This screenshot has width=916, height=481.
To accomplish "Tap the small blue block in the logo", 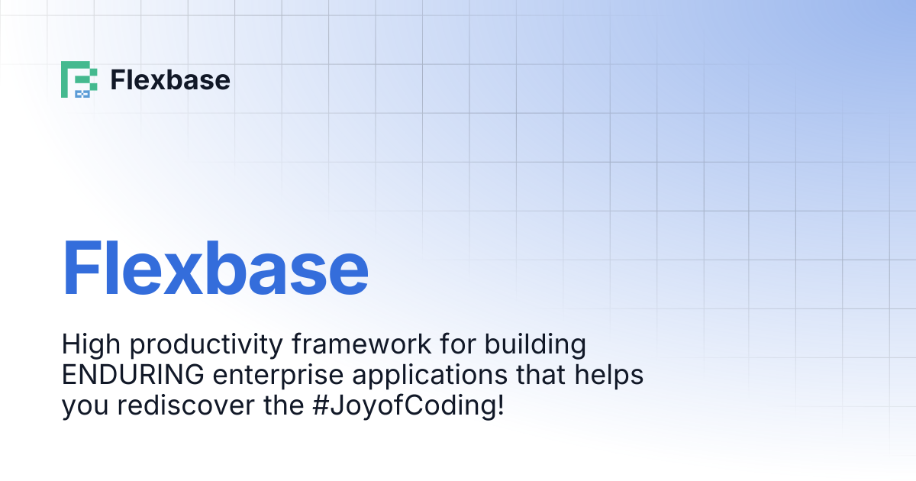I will tap(82, 94).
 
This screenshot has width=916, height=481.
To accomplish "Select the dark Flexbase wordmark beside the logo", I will tap(169, 79).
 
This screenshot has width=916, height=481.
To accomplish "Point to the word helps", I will tap(610, 377).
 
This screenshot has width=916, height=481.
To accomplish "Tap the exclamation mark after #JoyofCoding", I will tap(500, 405).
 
